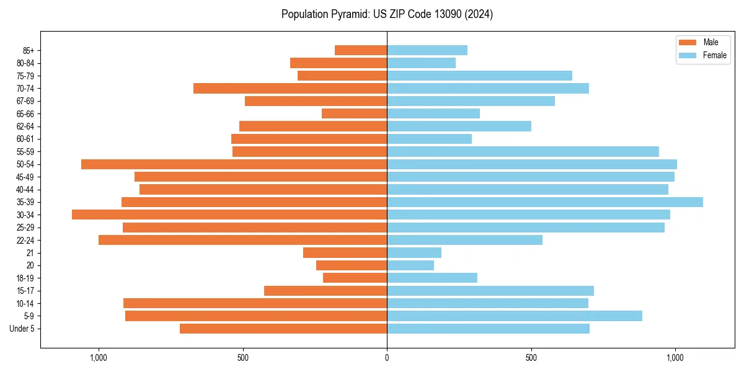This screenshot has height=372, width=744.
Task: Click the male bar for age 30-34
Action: click(x=229, y=215)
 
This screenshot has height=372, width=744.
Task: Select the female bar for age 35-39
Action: click(x=545, y=202)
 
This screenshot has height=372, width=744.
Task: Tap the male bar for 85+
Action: click(x=361, y=50)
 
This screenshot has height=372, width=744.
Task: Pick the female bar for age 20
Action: click(x=410, y=265)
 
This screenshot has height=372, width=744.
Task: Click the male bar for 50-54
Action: click(x=234, y=164)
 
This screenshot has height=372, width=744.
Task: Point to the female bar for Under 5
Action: click(x=488, y=329)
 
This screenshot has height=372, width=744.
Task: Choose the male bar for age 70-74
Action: click(x=290, y=88)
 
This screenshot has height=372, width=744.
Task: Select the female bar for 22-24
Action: click(x=464, y=240)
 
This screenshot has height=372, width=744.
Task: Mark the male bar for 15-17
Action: click(x=325, y=291)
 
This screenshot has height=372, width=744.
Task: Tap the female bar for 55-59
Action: click(x=523, y=151)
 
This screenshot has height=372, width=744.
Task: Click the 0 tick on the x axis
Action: click(x=387, y=358)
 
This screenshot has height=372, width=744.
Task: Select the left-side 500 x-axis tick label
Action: click(x=242, y=358)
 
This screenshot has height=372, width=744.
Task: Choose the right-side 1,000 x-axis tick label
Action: click(x=675, y=358)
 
